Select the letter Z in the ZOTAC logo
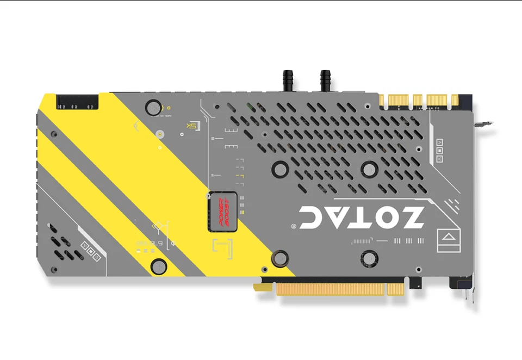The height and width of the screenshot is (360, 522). [411, 217]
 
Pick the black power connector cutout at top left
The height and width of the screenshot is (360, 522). [78, 101]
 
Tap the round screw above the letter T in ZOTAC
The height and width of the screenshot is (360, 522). [370, 167]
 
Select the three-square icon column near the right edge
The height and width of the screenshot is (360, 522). [439, 150]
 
